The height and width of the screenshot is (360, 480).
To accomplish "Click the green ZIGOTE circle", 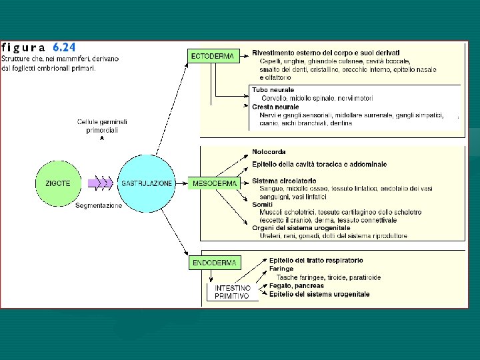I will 58,183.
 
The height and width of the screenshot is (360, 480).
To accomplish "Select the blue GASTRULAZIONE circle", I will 147,183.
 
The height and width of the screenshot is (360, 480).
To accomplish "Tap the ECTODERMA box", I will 213,57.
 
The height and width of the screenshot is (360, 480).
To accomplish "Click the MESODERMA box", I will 213,183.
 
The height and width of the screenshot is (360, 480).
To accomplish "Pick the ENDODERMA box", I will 214,263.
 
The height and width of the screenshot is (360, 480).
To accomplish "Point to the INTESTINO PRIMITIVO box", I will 231,291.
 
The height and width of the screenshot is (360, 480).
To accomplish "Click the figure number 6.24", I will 64,47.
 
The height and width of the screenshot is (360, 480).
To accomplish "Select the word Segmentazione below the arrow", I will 99,206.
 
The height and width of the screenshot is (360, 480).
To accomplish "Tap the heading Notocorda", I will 269,152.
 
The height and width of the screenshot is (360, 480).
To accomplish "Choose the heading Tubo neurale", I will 273,90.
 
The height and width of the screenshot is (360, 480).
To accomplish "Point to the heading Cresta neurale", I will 275,107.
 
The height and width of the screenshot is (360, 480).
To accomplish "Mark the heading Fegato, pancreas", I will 296,286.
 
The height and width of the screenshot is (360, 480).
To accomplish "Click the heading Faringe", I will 282,269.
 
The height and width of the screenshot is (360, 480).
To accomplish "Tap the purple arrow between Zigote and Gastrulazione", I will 101,183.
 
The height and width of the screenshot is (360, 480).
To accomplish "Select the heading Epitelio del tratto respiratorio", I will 316,260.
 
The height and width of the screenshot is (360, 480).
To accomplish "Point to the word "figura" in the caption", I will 24,47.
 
